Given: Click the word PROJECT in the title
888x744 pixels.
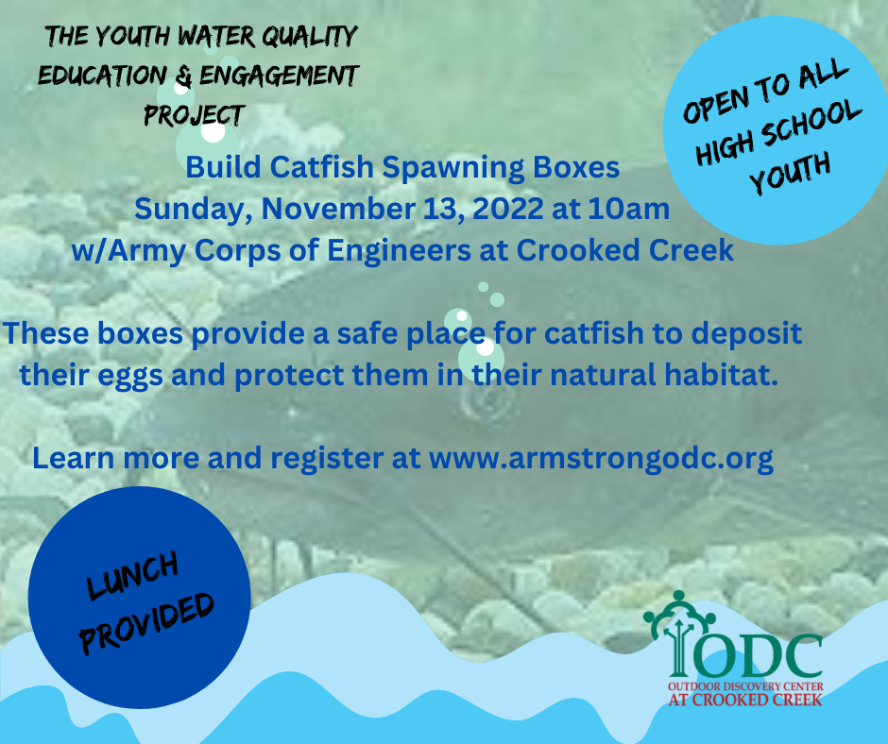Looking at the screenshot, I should pyautogui.click(x=195, y=115).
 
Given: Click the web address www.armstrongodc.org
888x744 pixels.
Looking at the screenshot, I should pyautogui.click(x=602, y=459).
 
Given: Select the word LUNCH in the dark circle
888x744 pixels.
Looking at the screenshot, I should pyautogui.click(x=132, y=576).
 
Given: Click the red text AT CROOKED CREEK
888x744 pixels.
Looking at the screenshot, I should pyautogui.click(x=744, y=700).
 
